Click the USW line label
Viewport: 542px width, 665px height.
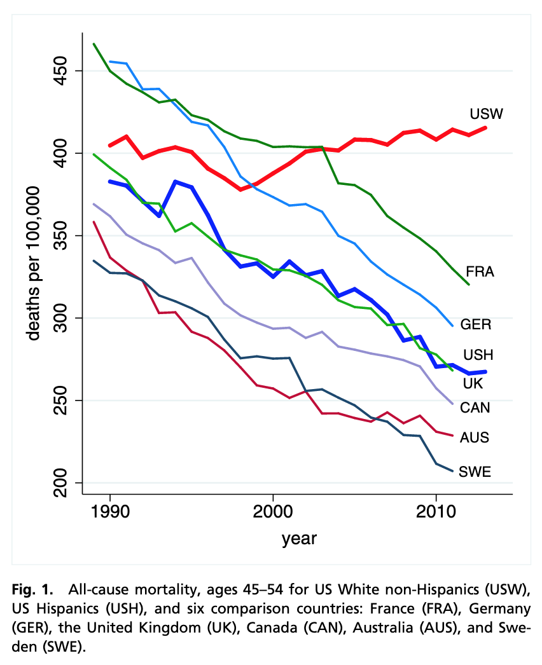(x=487, y=114)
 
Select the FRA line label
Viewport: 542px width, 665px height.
(x=480, y=271)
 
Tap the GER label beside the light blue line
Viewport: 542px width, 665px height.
(x=476, y=324)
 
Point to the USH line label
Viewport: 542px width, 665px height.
(x=478, y=355)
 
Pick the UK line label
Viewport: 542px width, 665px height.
(x=473, y=383)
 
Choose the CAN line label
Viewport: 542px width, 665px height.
(x=475, y=407)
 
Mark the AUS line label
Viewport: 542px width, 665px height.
(x=474, y=437)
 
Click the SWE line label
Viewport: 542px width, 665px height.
(x=475, y=472)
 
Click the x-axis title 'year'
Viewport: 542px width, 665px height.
(x=299, y=539)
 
